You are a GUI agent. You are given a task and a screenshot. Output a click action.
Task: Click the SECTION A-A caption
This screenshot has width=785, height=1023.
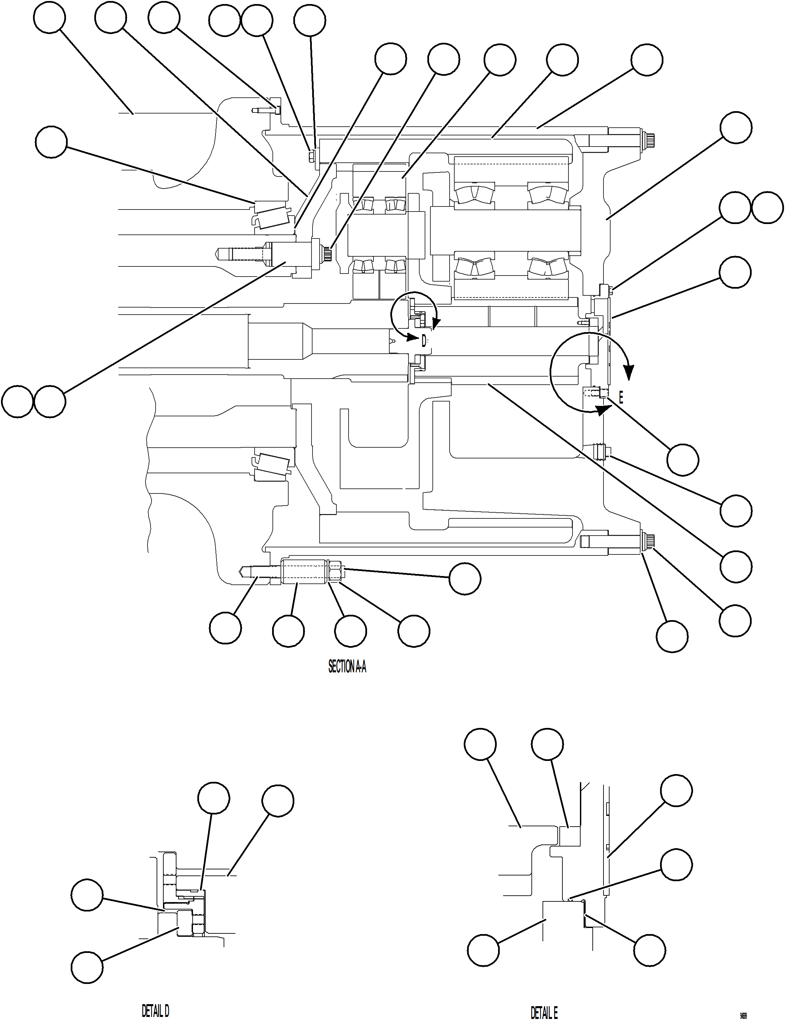click(x=347, y=666)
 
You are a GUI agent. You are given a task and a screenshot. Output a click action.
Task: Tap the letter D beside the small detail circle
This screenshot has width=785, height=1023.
click(x=424, y=341)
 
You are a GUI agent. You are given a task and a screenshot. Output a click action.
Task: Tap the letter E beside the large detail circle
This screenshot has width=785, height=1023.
click(x=621, y=398)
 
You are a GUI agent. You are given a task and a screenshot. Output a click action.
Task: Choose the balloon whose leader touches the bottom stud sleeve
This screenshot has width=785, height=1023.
click(x=288, y=631)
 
